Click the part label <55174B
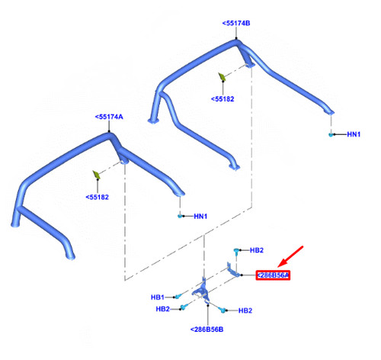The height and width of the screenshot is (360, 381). pos(236,23)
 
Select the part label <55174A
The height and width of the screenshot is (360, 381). pos(109,117)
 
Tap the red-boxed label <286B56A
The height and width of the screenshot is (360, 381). pos(273,275)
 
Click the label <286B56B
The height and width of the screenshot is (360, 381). pos(207,329)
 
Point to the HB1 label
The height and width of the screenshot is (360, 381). pos(158,297)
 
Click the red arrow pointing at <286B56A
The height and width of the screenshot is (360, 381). pos(290,256)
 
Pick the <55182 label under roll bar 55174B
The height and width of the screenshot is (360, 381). pos(223,99)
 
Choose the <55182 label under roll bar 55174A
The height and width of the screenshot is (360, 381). pos(98,198)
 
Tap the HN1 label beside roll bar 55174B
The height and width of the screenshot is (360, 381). pos(354,134)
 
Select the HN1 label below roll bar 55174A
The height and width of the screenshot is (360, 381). pos(200,217)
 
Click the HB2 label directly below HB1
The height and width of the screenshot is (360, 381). pos(162,309)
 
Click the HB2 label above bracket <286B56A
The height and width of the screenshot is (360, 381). pos(257,250)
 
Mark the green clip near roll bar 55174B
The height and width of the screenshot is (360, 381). pos(222,77)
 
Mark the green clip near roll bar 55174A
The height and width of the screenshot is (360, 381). pos(97,175)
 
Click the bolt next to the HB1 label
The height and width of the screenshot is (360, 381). pos(178,296)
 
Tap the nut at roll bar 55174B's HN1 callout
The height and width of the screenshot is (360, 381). pos(331,134)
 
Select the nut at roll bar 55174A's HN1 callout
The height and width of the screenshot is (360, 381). pos(180,216)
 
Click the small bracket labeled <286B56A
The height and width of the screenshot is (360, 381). pos(232,270)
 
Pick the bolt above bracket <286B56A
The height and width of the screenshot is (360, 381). pos(236,251)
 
